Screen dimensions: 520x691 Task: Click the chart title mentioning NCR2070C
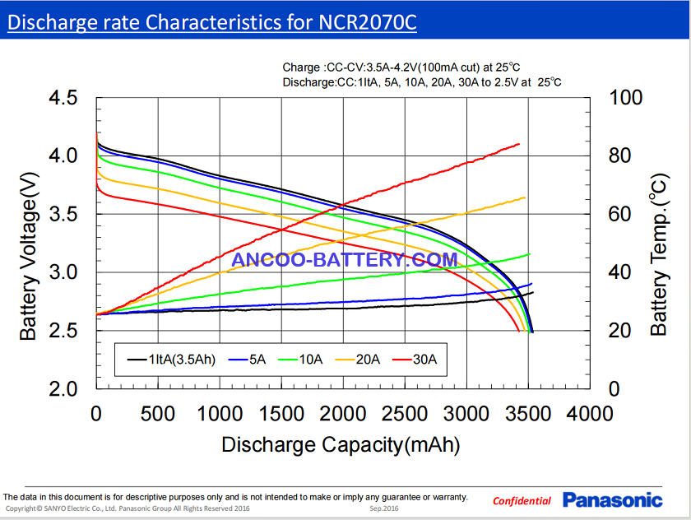(x=211, y=22)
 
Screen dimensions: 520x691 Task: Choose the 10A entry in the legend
(x=304, y=360)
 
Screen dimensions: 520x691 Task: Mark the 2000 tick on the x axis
(x=342, y=413)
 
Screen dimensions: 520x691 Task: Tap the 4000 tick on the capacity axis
(x=589, y=413)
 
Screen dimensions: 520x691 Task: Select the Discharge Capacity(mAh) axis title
(x=341, y=445)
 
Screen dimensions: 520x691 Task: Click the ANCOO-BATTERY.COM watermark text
(x=345, y=260)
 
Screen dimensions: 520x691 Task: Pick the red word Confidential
(x=522, y=501)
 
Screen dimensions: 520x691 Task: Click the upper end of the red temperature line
(x=519, y=144)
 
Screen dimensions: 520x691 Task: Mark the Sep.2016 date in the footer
(x=384, y=509)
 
